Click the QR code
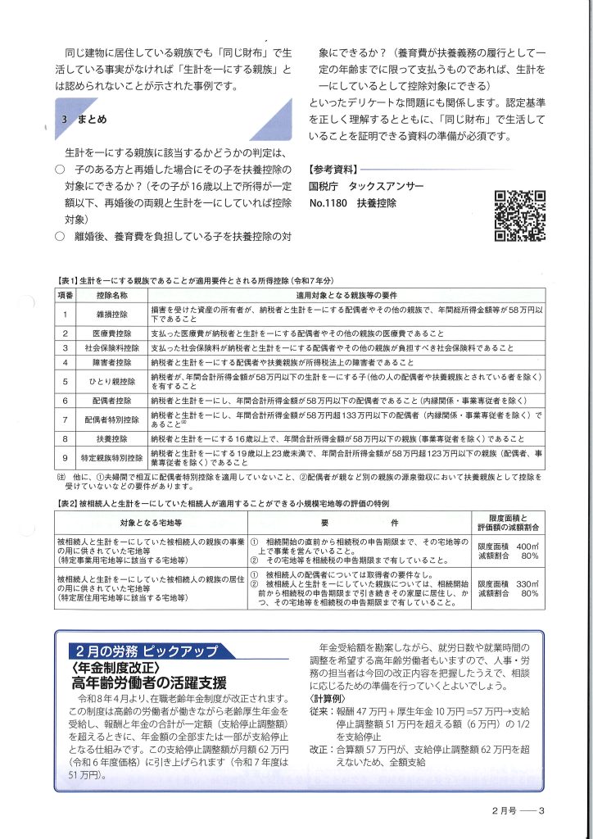[520, 216]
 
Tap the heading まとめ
[92, 120]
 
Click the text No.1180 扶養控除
[353, 203]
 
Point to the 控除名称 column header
[113, 294]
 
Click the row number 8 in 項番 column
[65, 439]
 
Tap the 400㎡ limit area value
[527, 546]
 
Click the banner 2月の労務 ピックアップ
[145, 628]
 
